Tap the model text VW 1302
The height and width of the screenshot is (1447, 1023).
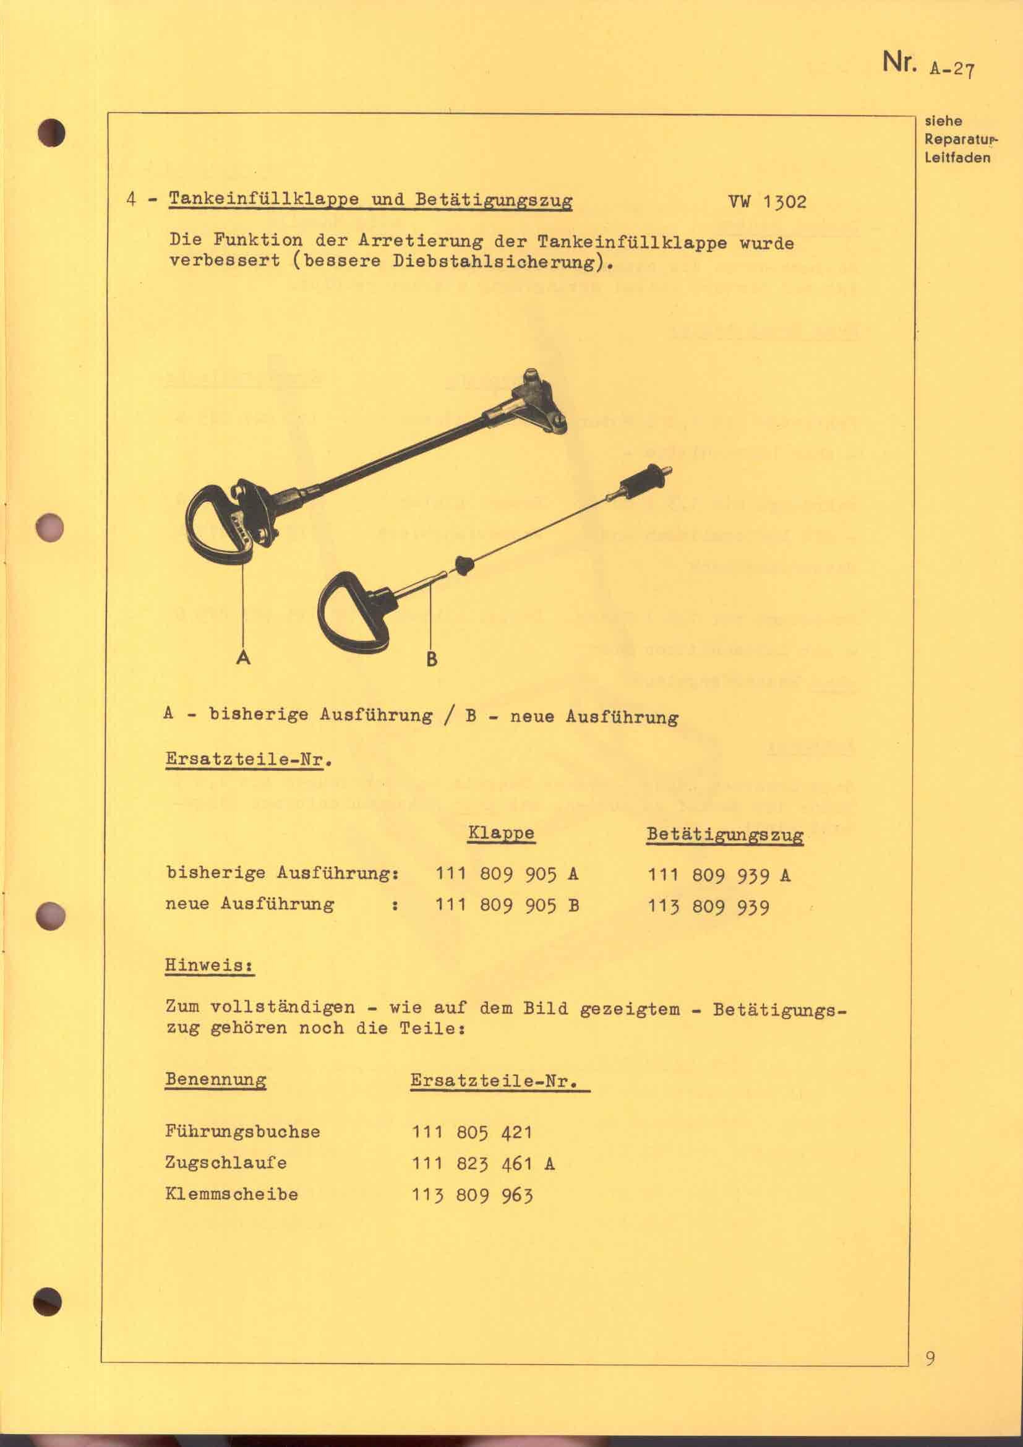tap(766, 202)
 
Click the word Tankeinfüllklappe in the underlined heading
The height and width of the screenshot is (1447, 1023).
tap(263, 199)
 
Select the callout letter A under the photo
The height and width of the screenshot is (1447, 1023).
tap(243, 658)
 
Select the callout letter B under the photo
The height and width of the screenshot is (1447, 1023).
tap(432, 659)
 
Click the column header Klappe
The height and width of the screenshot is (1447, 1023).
tap(501, 833)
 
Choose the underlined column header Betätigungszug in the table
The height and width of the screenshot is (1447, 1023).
tap(724, 835)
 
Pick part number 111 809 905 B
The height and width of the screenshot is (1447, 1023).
tap(507, 906)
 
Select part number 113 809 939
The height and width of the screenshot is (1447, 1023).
tap(709, 907)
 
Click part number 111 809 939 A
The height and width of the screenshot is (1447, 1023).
tap(719, 875)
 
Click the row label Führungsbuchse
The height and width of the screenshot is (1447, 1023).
tap(242, 1131)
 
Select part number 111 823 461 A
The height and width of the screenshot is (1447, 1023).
tap(483, 1164)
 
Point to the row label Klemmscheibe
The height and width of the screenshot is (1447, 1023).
tap(231, 1194)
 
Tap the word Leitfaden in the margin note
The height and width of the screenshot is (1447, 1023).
tap(957, 158)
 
